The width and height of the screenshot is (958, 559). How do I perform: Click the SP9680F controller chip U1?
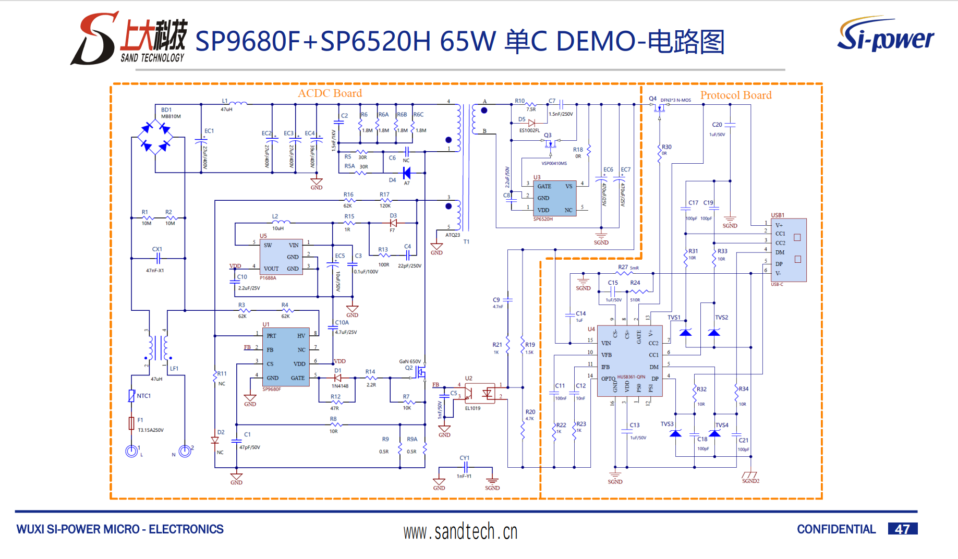pos(286,357)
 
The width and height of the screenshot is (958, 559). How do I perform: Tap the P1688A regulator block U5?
pos(281,257)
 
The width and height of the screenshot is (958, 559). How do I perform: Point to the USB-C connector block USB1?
pos(789,250)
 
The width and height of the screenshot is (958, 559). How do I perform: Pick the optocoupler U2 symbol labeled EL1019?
pos(479,393)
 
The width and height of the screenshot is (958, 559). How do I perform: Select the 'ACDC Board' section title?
pos(330,93)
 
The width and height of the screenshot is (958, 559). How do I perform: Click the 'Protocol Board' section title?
pos(735,95)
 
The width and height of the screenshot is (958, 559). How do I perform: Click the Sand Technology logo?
pos(129,39)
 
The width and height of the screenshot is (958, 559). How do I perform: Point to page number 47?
pos(902,529)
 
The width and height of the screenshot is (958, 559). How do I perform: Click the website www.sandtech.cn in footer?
pos(460,532)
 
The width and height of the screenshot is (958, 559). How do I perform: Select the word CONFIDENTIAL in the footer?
pos(836,529)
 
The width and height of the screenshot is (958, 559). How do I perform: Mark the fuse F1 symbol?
pos(131,423)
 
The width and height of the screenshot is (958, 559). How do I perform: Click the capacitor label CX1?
pos(157,249)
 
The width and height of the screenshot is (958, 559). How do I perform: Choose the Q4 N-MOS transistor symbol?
pos(660,107)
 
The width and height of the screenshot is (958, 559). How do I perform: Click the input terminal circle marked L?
pos(131,451)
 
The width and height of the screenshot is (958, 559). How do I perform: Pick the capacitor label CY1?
pos(464,458)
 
